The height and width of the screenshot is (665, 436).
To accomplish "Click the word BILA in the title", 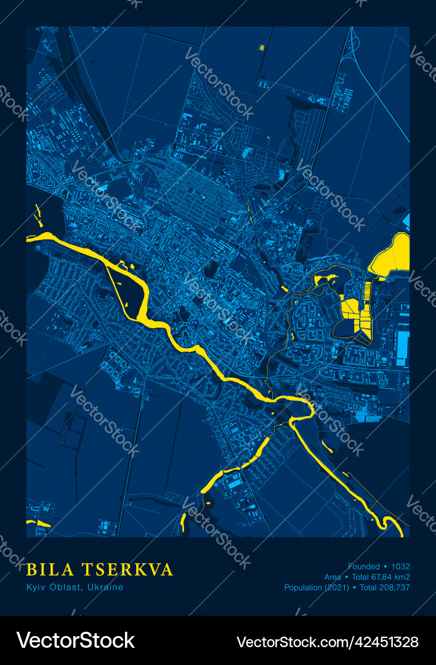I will point(50,570).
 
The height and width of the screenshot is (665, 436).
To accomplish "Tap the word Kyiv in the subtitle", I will point(36,587).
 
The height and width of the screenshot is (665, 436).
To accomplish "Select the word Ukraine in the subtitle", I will point(105,587).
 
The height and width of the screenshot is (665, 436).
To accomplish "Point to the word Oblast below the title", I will point(66,587).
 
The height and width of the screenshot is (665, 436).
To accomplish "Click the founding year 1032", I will point(400,566).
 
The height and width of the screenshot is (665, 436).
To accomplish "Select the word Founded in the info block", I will point(364,566).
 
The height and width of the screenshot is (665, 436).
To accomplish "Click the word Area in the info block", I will point(333,577).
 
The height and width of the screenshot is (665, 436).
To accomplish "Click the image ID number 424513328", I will point(384,641).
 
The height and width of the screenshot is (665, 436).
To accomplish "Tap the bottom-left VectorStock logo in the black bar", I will point(75,640).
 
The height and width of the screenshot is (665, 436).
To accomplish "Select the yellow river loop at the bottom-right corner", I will point(391,524).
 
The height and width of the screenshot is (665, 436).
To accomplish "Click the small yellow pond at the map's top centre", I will point(262,47).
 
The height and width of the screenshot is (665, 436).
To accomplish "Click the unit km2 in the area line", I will point(403,577).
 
